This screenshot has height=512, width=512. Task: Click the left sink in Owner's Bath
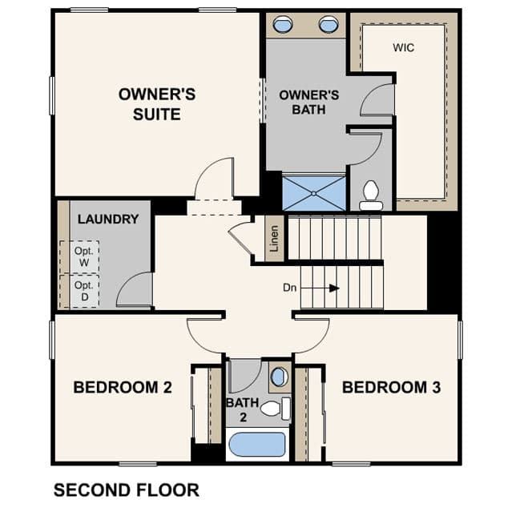[x=283, y=25]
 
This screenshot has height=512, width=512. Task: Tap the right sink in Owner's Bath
[x=329, y=25]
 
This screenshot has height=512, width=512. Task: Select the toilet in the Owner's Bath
[x=371, y=196]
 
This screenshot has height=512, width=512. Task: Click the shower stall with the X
[x=314, y=193]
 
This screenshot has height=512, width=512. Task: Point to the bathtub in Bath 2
[x=257, y=445]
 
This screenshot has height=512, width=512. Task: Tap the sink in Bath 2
[x=280, y=377]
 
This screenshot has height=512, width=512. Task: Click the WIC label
[x=404, y=47]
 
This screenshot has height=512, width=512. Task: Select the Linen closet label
[x=274, y=238]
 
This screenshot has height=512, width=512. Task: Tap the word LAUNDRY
[x=108, y=219]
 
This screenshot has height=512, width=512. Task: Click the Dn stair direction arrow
[x=320, y=288]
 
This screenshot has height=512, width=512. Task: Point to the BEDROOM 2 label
[x=123, y=387]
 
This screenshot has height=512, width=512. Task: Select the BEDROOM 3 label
[x=391, y=387]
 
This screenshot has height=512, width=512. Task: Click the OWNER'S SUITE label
[x=157, y=104]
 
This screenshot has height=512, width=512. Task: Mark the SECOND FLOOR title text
[x=127, y=490]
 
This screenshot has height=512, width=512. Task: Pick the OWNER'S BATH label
[x=309, y=103]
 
